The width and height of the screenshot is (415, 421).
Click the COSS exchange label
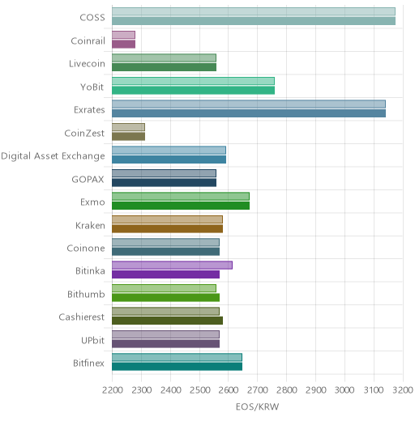(x=92, y=18)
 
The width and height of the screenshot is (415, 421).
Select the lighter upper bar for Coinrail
(x=123, y=35)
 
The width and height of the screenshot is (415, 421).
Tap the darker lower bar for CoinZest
(x=128, y=136)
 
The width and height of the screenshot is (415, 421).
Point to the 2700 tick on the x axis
(x=258, y=390)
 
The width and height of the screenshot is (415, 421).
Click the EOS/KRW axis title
(x=257, y=406)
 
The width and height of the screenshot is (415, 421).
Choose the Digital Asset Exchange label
(x=53, y=156)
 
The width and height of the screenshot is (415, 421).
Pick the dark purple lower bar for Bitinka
(x=165, y=274)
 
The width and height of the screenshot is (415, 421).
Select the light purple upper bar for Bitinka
(x=172, y=266)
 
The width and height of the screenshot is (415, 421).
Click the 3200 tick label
(x=403, y=390)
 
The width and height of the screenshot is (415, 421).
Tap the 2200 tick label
(x=113, y=390)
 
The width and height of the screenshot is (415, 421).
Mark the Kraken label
(x=90, y=225)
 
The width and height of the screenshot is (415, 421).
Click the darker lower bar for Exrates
(x=249, y=113)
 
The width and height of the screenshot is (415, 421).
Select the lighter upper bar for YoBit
(x=193, y=81)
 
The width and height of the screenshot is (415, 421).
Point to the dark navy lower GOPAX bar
(x=164, y=182)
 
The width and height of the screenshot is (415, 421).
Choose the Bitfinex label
(x=88, y=364)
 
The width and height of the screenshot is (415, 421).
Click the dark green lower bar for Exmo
(x=181, y=206)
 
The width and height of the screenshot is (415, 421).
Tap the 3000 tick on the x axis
(x=344, y=390)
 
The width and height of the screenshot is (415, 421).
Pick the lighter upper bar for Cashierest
(x=165, y=312)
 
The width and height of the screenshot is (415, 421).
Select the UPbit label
(x=92, y=340)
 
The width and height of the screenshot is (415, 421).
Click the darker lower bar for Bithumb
(x=165, y=298)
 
